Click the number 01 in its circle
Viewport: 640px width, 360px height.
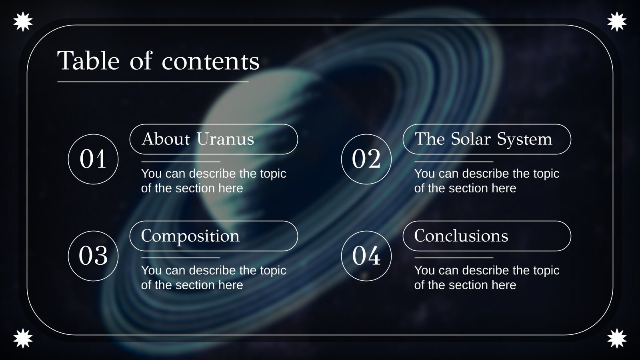(x=93, y=159)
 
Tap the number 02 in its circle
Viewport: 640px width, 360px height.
(x=366, y=159)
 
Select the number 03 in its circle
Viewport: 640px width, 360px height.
(x=93, y=256)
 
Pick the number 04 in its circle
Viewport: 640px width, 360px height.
(x=366, y=256)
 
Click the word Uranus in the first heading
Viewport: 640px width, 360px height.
(x=225, y=139)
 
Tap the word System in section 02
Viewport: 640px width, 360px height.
(x=524, y=139)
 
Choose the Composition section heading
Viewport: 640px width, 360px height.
(x=190, y=236)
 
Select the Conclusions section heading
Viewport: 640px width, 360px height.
(x=461, y=236)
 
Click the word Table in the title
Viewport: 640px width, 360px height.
(x=88, y=61)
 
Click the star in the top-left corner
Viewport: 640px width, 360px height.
(x=23, y=22)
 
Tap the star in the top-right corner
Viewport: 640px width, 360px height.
(x=617, y=22)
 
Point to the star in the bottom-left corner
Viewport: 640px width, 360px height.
(x=23, y=338)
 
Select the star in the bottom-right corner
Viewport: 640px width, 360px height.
(x=617, y=338)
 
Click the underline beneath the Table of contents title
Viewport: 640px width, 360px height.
(x=153, y=82)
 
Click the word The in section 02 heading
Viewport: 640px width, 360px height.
(x=429, y=139)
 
